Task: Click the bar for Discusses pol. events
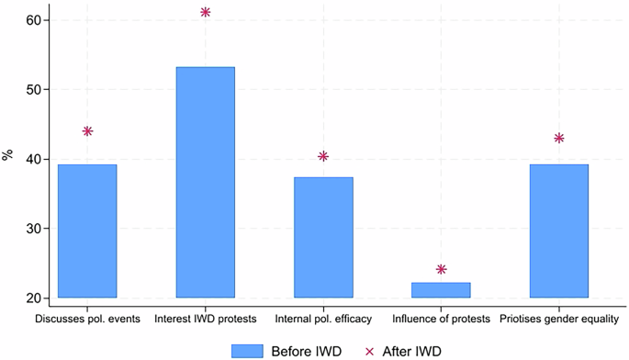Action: coord(87,231)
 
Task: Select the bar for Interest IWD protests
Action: coord(205,183)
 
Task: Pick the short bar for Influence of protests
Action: coord(441,290)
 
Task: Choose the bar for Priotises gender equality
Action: coord(558,231)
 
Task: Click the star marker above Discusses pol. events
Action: coord(87,131)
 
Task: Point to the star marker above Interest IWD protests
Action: coord(205,12)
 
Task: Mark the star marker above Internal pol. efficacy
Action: coord(323,156)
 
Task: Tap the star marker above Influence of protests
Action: coord(441,269)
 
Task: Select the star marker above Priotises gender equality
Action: coord(558,138)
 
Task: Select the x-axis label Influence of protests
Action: coord(441,319)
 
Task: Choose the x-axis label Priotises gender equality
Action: coord(558,319)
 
